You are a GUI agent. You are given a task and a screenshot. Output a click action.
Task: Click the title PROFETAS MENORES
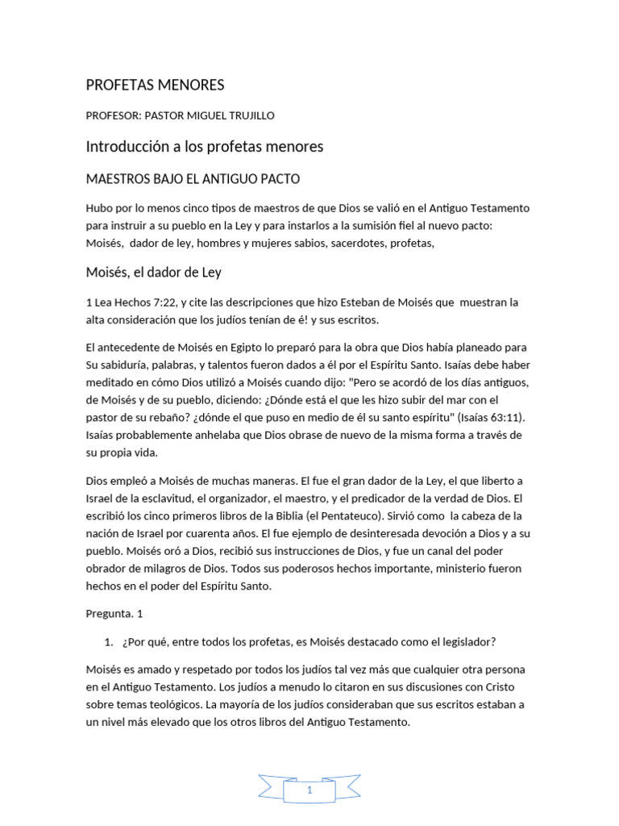pyautogui.click(x=155, y=85)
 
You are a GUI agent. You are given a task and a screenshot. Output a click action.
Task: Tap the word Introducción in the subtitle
pyautogui.click(x=130, y=146)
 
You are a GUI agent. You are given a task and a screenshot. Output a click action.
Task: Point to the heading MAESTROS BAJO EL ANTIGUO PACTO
pyautogui.click(x=193, y=178)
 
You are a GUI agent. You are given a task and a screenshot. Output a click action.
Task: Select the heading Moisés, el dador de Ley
pyautogui.click(x=153, y=273)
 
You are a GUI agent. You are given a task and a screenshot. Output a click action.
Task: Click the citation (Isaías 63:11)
pyautogui.click(x=491, y=418)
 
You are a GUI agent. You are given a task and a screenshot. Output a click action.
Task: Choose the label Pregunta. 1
pyautogui.click(x=114, y=613)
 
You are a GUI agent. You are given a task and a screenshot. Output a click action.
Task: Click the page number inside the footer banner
pyautogui.click(x=309, y=791)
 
